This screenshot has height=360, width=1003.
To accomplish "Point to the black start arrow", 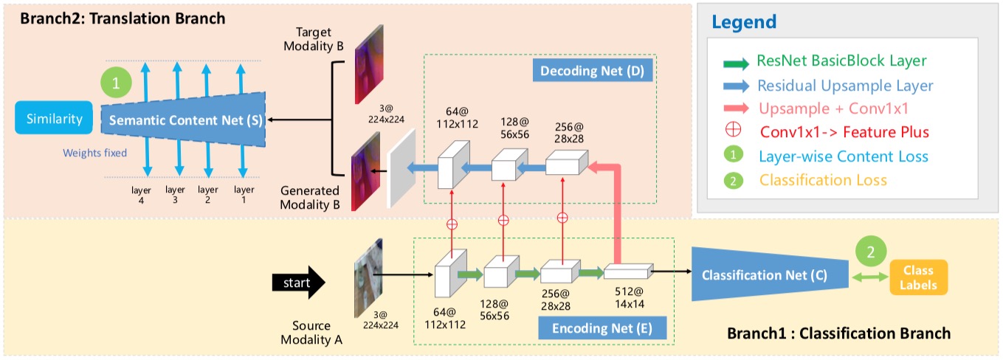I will pos(298,282).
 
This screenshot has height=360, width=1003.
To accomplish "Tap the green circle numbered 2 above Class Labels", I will pos(872,251).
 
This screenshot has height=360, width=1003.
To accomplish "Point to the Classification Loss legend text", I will pos(822,180).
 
